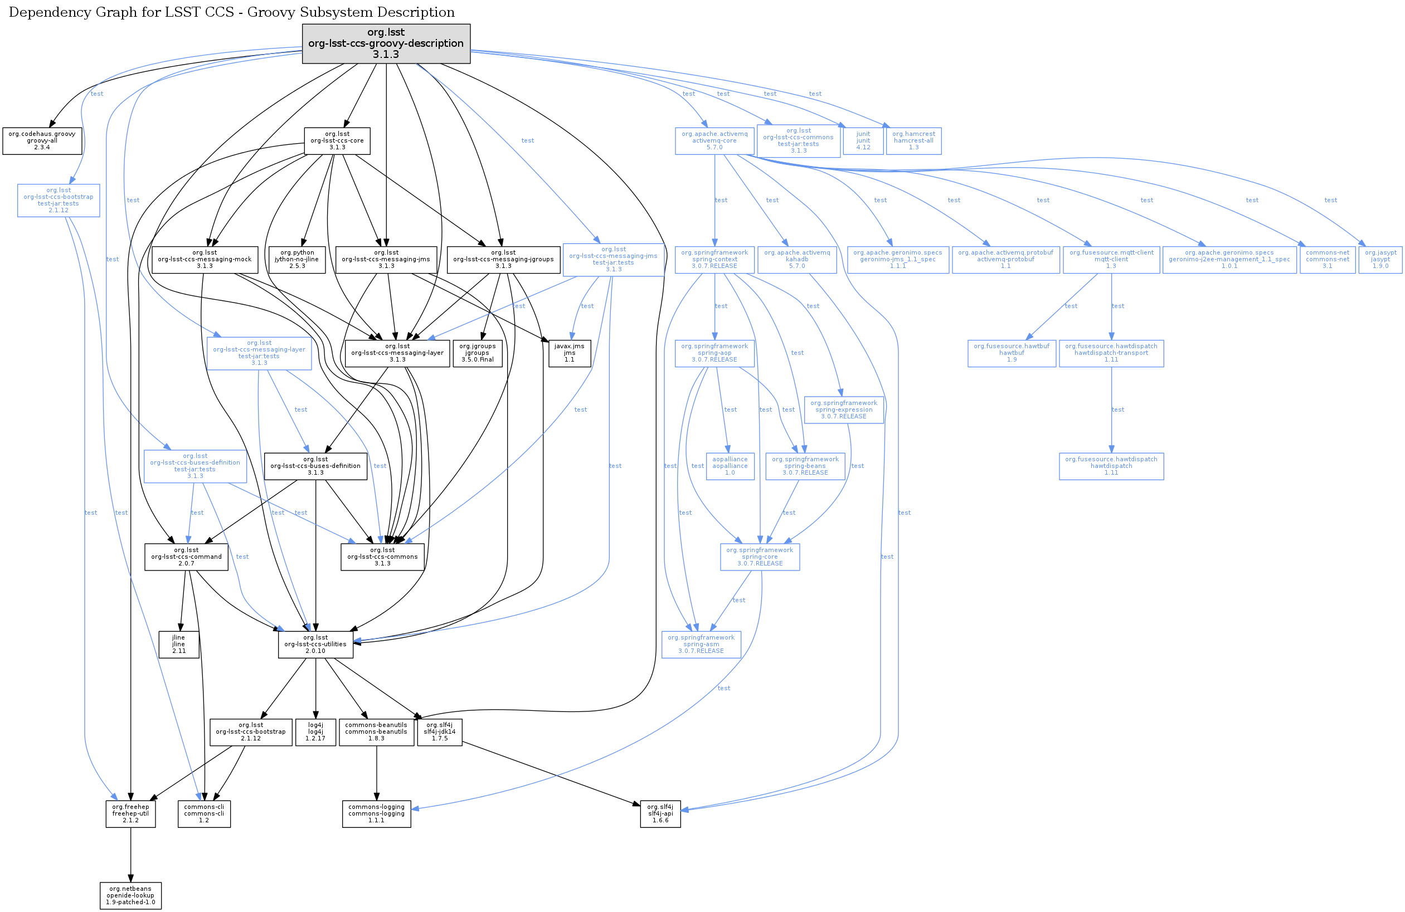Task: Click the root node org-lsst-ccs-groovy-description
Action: click(386, 43)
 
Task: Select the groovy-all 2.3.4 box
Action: click(42, 141)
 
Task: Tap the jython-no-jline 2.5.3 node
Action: click(297, 260)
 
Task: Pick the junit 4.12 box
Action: click(863, 141)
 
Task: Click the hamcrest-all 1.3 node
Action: click(913, 141)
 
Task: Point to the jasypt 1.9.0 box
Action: click(1380, 260)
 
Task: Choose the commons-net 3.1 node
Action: click(1327, 260)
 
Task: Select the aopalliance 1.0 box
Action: click(730, 466)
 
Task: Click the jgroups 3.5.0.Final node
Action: click(478, 353)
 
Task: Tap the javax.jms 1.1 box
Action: click(569, 353)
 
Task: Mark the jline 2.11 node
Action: click(178, 645)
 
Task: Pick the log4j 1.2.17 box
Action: click(315, 732)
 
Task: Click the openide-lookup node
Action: click(130, 895)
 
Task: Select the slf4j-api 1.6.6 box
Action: click(660, 814)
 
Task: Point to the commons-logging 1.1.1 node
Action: click(376, 814)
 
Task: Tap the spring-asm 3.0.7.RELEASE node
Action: click(701, 645)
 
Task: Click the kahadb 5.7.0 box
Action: click(797, 260)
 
